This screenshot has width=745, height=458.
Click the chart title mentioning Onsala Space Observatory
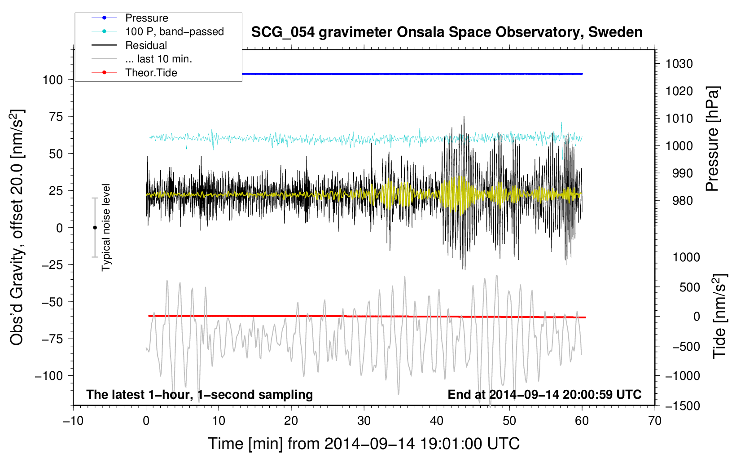(447, 32)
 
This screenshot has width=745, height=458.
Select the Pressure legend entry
(146, 18)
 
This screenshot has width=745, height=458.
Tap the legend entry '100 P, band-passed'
(174, 31)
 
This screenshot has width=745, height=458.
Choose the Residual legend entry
(146, 45)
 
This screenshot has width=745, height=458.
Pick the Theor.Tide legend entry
(151, 73)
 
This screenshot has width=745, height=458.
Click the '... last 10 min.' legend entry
(158, 59)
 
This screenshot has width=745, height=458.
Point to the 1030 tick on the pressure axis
(679, 64)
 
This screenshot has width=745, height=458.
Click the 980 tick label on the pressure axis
(682, 201)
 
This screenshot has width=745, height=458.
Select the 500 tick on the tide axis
(689, 287)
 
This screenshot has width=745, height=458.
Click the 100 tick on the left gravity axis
(53, 80)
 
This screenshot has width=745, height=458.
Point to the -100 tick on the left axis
(48, 376)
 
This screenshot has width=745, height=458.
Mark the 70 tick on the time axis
(655, 421)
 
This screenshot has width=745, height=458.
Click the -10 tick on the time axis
(73, 421)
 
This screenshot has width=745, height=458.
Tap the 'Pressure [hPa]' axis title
(712, 139)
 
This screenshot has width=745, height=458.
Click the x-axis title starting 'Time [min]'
(364, 444)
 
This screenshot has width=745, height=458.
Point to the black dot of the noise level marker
(95, 228)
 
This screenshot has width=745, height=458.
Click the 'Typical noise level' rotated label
(106, 227)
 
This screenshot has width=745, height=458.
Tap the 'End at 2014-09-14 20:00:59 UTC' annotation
(544, 394)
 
